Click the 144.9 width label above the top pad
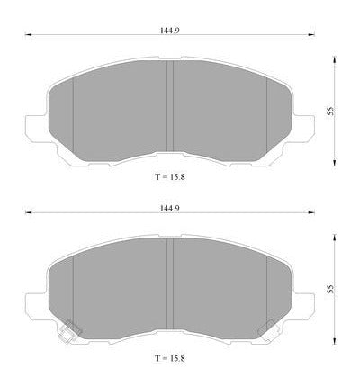(x=169, y=31)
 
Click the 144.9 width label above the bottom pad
(x=169, y=208)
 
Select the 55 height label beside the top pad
(x=330, y=112)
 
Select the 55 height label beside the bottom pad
(x=330, y=290)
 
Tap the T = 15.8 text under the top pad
(x=170, y=177)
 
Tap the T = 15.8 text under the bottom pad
(x=170, y=358)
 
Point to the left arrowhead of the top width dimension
(x=28, y=35)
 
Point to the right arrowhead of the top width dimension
(x=311, y=35)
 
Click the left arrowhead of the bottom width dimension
(x=28, y=212)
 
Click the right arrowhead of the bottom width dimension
(x=311, y=212)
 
